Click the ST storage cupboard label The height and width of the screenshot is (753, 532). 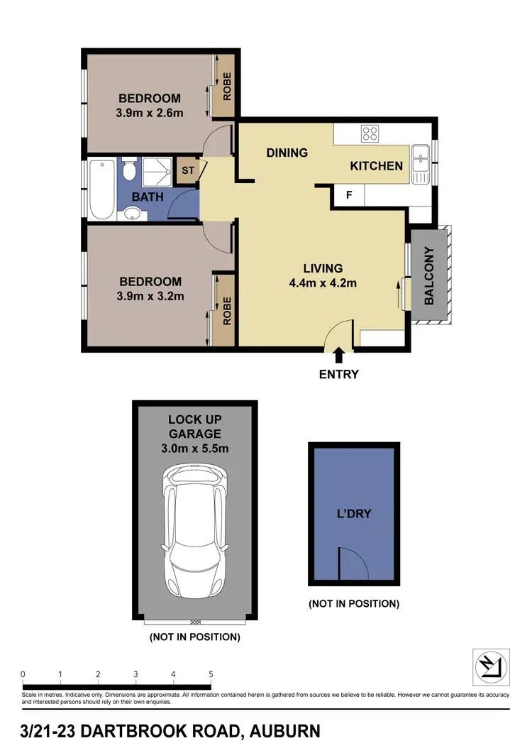[188, 171]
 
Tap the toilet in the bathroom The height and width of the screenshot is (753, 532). [129, 170]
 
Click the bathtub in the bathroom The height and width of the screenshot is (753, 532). [102, 189]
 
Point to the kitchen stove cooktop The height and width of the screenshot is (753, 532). [370, 133]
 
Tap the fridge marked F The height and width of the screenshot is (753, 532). [349, 194]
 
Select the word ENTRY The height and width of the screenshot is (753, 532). [340, 374]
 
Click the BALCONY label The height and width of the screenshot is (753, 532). [429, 276]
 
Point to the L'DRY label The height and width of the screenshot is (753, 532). [353, 513]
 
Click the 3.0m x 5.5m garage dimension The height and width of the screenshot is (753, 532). [194, 448]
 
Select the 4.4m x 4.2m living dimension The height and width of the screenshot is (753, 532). [323, 283]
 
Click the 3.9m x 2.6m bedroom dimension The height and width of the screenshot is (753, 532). [150, 112]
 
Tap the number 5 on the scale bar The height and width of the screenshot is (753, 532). [211, 674]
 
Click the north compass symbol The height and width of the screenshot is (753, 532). [491, 666]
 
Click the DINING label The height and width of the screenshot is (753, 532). [287, 153]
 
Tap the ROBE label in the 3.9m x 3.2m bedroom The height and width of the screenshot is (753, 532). [227, 310]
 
